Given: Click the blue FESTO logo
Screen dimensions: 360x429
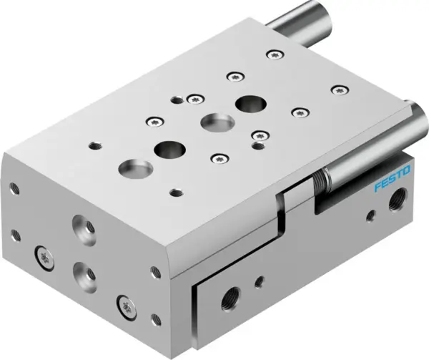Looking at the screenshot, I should (393, 177).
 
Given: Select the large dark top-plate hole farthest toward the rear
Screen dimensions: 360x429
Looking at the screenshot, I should (250, 103).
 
